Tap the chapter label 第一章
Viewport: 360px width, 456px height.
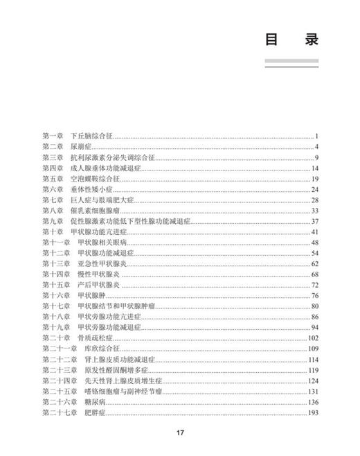coord(53,136)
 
